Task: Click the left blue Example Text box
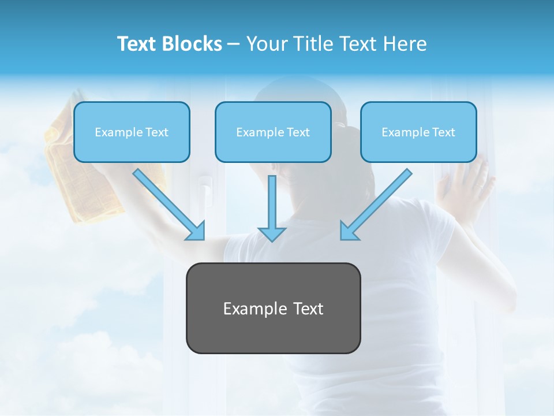[x=132, y=132]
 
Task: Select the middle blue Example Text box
[x=273, y=132]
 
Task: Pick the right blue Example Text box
[x=418, y=132]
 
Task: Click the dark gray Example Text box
[x=273, y=308]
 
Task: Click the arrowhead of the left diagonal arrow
[x=196, y=231]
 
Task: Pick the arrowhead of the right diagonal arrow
[x=349, y=231]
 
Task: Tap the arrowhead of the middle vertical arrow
[x=271, y=233]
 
